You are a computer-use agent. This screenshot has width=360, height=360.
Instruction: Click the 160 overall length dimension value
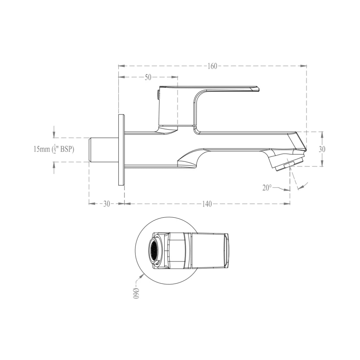click(212, 66)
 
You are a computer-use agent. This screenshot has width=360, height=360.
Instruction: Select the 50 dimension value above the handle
click(148, 77)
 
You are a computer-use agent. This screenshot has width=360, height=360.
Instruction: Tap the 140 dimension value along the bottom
click(207, 204)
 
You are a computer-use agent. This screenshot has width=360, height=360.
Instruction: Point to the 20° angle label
click(267, 188)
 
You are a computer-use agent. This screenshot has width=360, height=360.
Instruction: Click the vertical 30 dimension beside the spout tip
click(322, 149)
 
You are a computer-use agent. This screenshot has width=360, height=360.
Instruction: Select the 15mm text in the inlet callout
click(41, 149)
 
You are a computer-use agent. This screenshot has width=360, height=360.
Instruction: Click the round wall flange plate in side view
click(121, 150)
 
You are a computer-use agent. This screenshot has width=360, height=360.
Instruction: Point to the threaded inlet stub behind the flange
click(103, 150)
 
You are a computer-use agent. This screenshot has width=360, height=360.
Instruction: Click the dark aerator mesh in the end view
click(154, 250)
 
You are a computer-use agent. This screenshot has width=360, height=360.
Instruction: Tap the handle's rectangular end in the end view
click(227, 250)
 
